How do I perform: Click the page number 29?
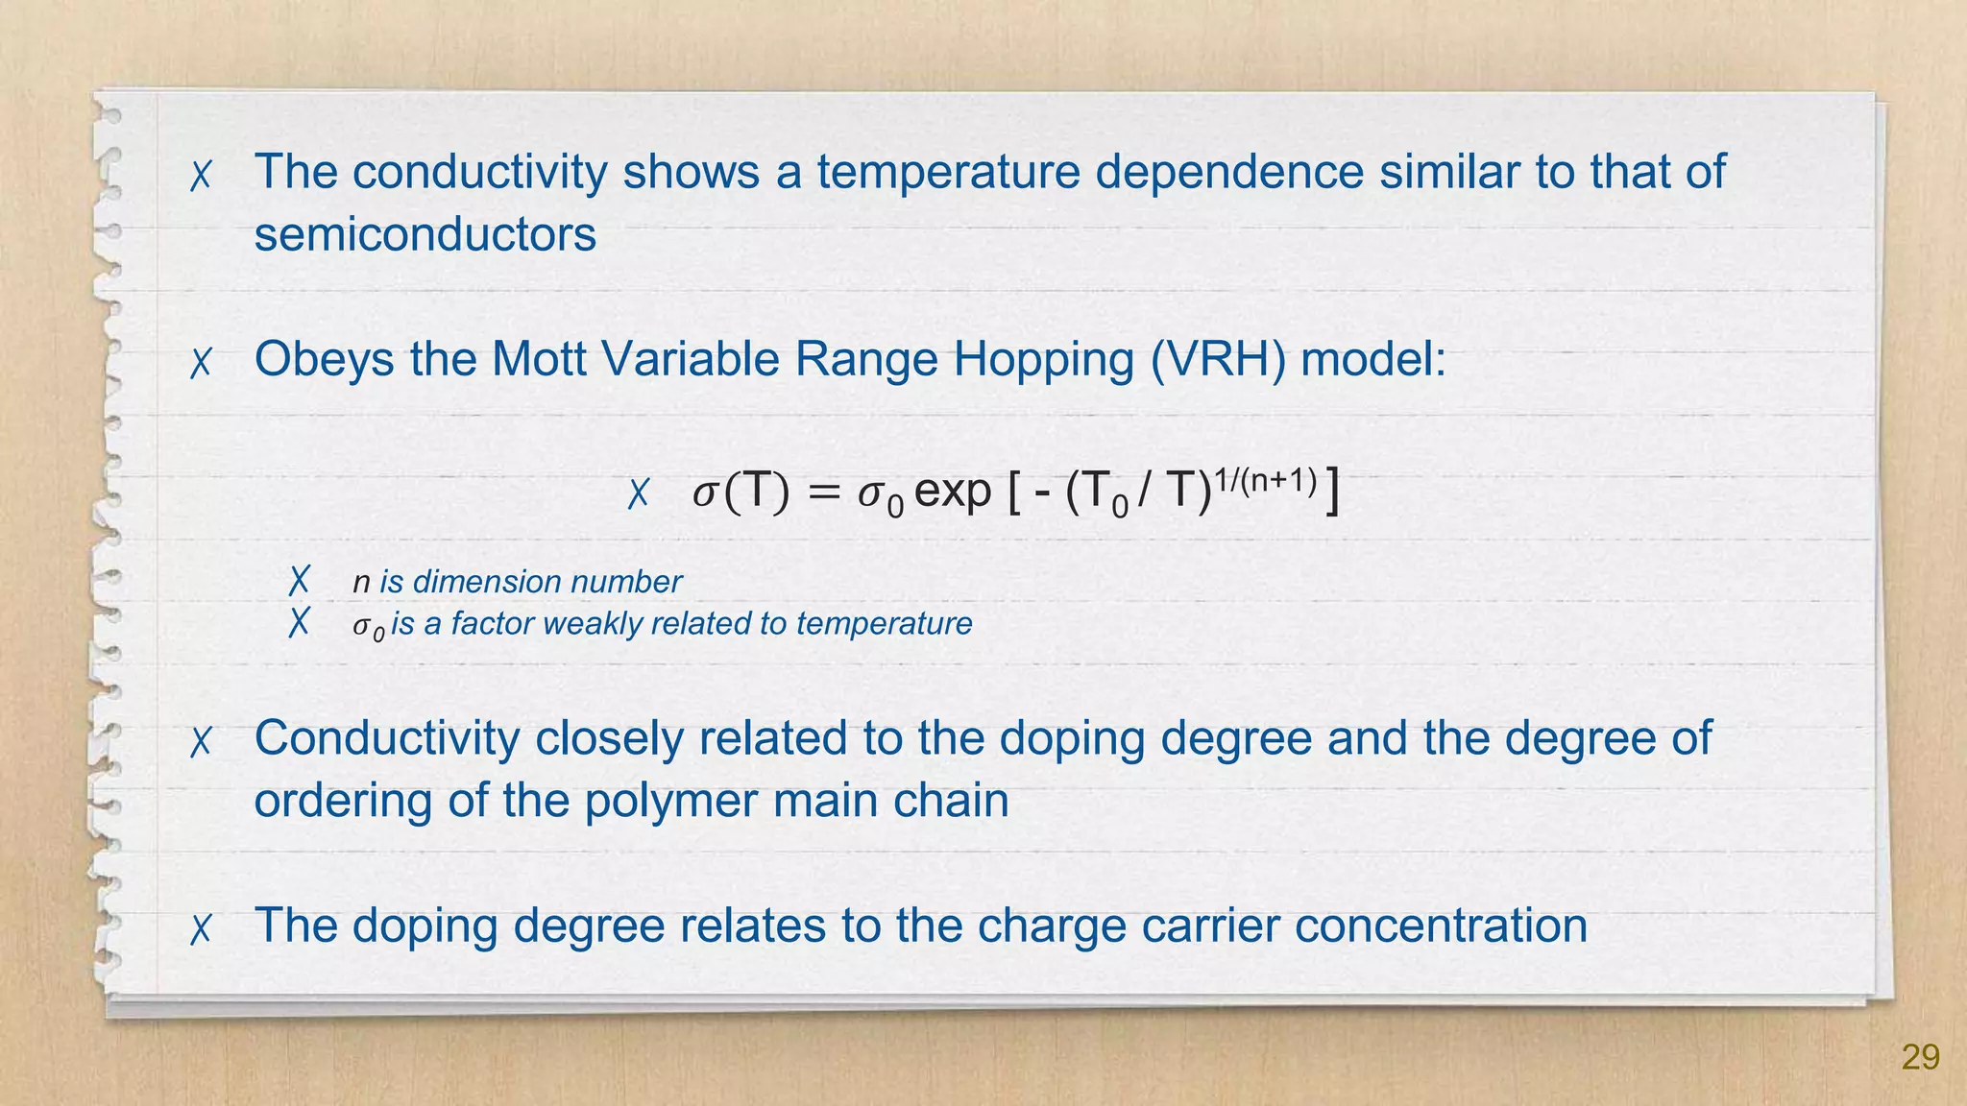1920,1057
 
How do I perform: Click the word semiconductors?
425,234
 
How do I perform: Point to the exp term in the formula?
952,492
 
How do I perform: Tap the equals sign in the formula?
823,493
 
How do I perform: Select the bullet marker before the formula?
639,494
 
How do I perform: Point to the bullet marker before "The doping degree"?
201,929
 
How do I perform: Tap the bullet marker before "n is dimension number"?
300,580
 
